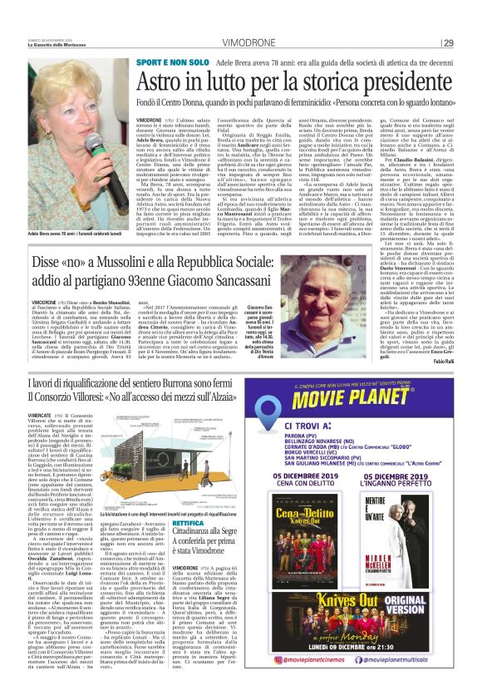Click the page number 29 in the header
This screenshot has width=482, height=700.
pos(448,43)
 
